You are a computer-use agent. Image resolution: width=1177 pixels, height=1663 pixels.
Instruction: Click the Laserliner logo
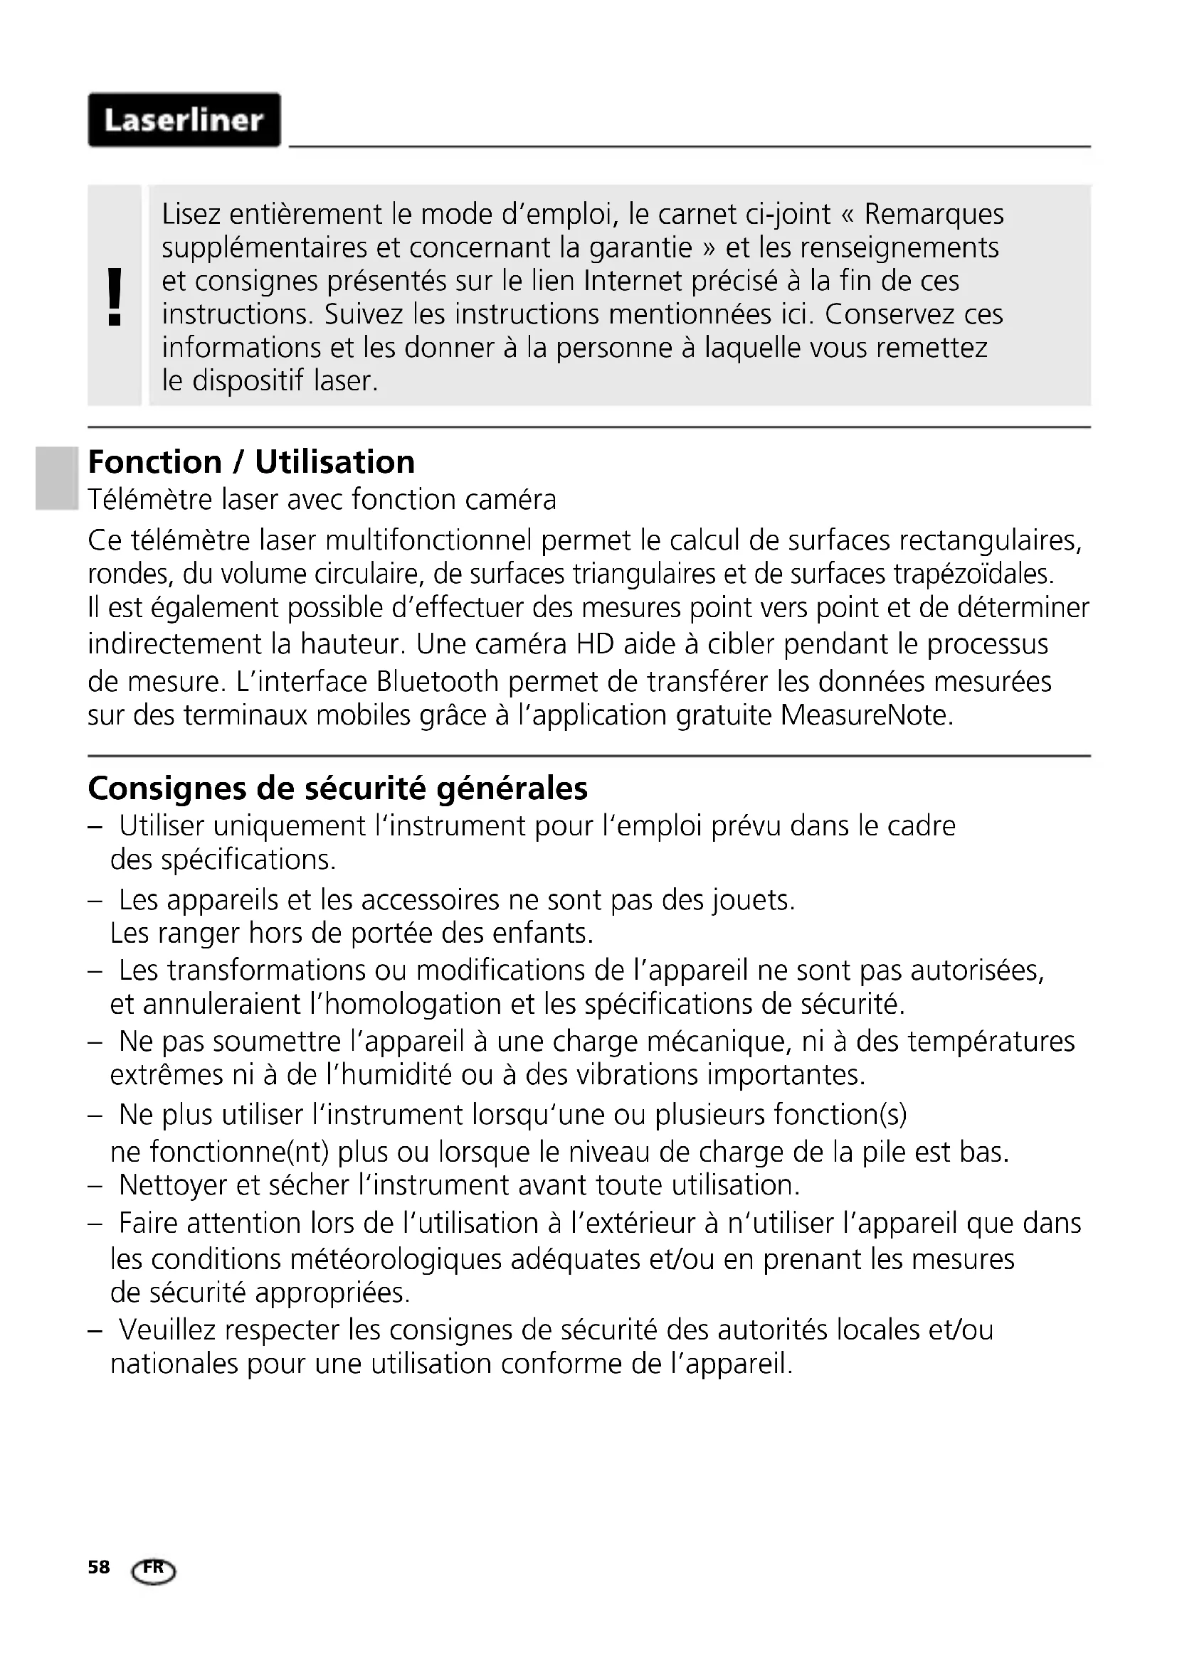(184, 120)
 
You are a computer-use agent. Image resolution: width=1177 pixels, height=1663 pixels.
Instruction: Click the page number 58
(99, 1568)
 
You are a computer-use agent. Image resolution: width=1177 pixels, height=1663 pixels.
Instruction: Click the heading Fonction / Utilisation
(251, 462)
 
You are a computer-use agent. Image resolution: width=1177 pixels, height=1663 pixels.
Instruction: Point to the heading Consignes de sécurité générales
(338, 788)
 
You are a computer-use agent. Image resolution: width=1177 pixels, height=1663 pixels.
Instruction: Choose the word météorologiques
(396, 1261)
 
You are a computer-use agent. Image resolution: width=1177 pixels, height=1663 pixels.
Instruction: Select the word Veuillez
(167, 1330)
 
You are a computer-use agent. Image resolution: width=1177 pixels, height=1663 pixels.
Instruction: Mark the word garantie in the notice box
(640, 247)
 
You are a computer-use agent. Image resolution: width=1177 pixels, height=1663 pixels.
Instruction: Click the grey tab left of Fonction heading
(56, 478)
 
